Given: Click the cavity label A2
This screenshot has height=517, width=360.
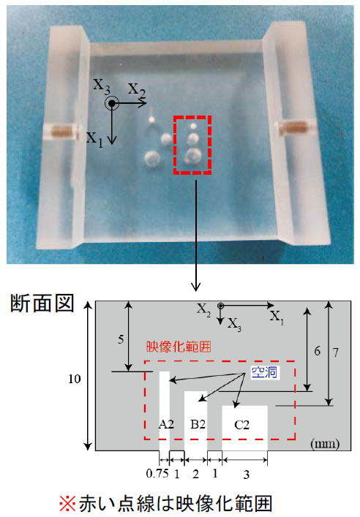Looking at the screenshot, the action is (166, 424).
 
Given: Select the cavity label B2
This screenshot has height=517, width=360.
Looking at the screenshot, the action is (198, 424).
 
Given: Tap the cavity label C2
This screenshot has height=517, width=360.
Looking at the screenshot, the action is (241, 425).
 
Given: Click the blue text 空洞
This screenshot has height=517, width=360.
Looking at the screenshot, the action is (264, 373).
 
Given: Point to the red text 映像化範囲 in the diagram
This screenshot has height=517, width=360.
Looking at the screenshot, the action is (179, 347).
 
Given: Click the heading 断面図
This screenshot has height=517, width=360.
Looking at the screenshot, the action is (42, 303).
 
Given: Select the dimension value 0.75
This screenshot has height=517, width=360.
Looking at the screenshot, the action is (158, 473).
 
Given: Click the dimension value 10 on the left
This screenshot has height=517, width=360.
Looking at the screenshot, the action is (75, 379).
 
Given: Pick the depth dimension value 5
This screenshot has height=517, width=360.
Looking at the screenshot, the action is (121, 339).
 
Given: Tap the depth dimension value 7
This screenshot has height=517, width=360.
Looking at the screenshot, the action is (336, 352).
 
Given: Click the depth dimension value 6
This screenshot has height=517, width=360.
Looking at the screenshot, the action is (317, 351).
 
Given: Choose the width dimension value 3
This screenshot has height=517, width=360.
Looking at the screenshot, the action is (247, 475).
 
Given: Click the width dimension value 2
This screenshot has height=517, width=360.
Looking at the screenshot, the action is (195, 474).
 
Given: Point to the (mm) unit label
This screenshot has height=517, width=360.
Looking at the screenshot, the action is (325, 443).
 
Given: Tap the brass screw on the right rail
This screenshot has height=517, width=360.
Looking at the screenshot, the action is (293, 127).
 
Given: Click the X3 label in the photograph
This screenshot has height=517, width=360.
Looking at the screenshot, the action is (102, 85).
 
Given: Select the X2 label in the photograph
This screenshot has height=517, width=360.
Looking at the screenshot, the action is (136, 89).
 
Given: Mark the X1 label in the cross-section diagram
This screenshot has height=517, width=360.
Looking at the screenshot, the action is (277, 318).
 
